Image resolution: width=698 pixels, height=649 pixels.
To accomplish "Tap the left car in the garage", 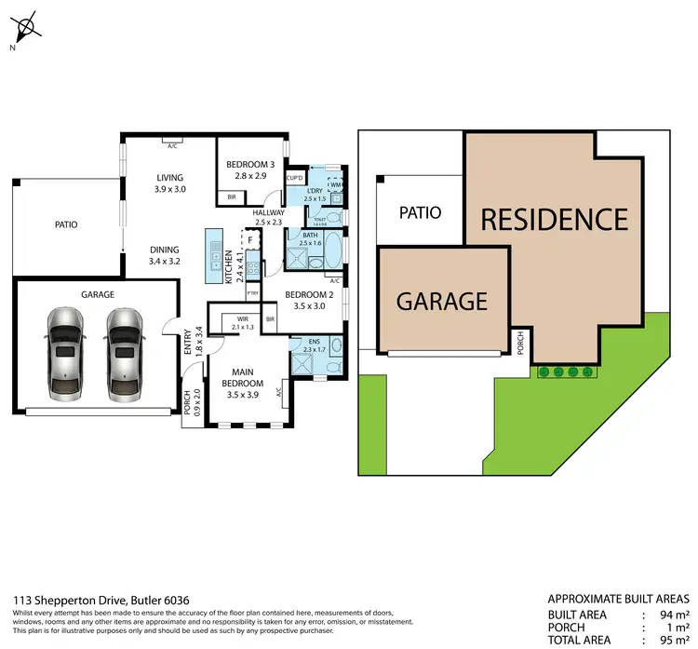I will (x=64, y=353).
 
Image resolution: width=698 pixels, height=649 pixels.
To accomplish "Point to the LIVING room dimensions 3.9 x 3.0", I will (x=169, y=189).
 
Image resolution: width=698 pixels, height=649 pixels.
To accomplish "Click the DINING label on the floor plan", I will (x=164, y=250).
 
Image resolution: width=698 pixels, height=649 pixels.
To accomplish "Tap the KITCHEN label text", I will (x=228, y=267).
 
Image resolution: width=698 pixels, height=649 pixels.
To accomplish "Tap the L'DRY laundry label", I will (x=315, y=193).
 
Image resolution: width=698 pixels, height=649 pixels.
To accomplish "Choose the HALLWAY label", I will (x=269, y=217).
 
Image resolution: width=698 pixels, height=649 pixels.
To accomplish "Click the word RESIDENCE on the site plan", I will (x=554, y=220).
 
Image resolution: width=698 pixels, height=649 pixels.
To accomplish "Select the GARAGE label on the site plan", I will (x=442, y=301).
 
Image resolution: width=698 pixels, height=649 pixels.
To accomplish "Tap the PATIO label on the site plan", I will (x=420, y=212).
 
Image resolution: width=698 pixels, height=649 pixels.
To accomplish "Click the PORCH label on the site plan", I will (x=520, y=345).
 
